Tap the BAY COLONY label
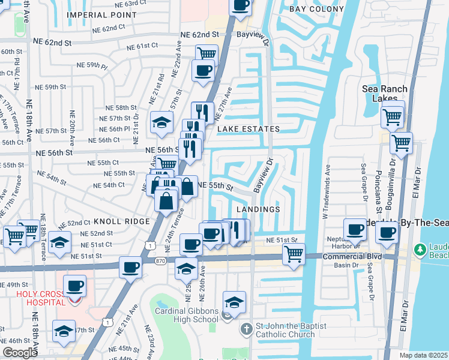coord(317,9)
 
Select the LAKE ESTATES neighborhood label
coord(249,129)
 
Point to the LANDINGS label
coord(258,209)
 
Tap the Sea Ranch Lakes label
coord(385,94)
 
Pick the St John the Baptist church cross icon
coord(246,329)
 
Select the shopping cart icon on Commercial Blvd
coord(293,253)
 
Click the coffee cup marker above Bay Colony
coord(240,5)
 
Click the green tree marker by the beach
coord(421,248)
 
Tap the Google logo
coord(19,353)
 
